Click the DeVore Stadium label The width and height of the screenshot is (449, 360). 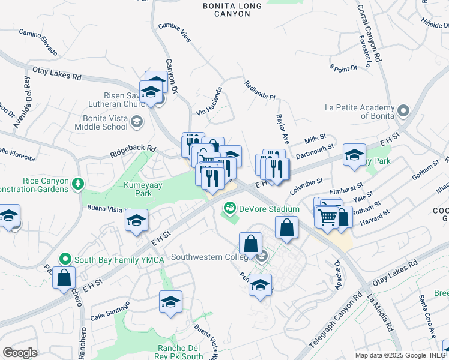tap(269, 209)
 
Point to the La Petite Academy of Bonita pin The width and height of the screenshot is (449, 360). tap(403, 112)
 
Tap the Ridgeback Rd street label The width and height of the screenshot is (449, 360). tap(133, 151)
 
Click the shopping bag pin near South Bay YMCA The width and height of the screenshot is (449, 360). tap(64, 278)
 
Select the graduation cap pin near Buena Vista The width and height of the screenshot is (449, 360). tap(136, 221)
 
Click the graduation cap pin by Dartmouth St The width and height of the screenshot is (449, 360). tap(354, 155)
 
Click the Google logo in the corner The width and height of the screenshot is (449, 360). tap(20, 353)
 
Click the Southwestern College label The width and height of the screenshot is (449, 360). tap(209, 257)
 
